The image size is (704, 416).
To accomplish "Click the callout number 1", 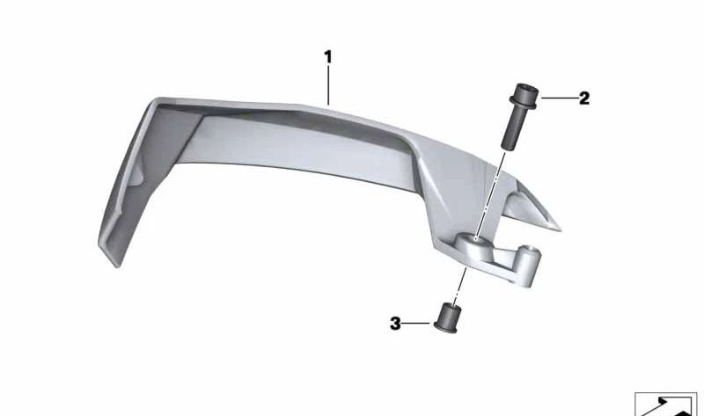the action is click(328, 57).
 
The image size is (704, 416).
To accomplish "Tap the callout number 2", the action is click(583, 99).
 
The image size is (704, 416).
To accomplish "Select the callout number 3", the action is click(395, 323).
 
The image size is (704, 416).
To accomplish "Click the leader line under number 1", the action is click(328, 85).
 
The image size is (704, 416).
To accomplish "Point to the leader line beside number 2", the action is click(559, 98).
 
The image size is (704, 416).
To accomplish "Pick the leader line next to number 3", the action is click(415, 323).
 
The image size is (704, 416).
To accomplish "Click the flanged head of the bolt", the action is click(524, 95).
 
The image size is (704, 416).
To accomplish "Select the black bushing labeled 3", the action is click(446, 317).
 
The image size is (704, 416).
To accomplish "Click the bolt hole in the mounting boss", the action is click(476, 240).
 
